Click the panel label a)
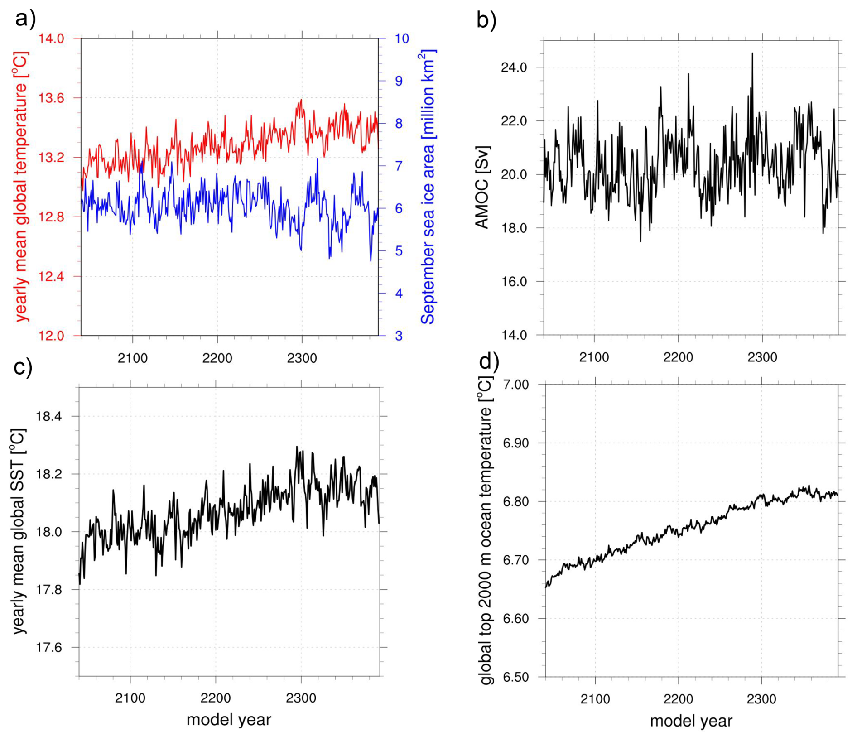(x=25, y=19)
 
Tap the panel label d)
(x=489, y=361)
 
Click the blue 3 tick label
(x=399, y=336)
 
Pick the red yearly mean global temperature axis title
(x=21, y=187)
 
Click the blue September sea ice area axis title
(x=428, y=187)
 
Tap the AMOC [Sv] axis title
(x=483, y=187)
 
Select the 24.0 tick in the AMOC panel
(x=514, y=67)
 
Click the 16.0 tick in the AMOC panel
(x=514, y=281)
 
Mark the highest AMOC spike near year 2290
(x=752, y=53)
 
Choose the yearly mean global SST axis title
(x=19, y=531)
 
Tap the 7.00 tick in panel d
(x=516, y=385)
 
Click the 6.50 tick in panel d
(x=516, y=677)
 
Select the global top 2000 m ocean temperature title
(x=486, y=530)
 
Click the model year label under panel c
(x=229, y=720)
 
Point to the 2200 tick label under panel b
(x=678, y=357)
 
